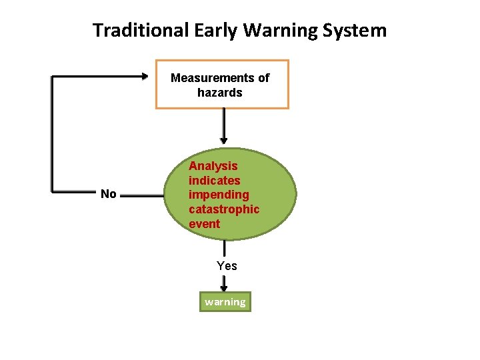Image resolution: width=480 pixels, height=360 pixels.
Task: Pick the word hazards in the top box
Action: point(220,93)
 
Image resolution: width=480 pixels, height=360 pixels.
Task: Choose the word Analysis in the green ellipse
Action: point(213,166)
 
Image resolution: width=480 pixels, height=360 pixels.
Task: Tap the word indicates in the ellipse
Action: point(214,181)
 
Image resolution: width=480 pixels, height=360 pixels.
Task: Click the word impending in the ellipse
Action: point(219,195)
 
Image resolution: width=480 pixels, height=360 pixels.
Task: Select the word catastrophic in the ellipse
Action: point(224,209)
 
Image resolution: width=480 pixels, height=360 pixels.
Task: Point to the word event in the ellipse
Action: point(204,224)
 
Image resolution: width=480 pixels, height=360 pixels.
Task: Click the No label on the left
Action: point(108,195)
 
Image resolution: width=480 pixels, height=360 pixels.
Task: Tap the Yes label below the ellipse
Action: point(227,266)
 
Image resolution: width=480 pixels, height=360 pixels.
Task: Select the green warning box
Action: point(225,302)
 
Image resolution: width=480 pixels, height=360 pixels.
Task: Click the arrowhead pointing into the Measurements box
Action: point(145,77)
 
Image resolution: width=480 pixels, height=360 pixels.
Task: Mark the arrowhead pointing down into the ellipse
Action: point(223,141)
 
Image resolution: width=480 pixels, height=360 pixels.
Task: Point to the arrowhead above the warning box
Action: point(224,287)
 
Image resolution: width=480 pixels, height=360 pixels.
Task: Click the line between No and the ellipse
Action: point(143,195)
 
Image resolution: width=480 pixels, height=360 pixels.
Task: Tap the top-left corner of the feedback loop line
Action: point(53,77)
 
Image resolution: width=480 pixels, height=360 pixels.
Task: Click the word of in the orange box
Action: point(264,78)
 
